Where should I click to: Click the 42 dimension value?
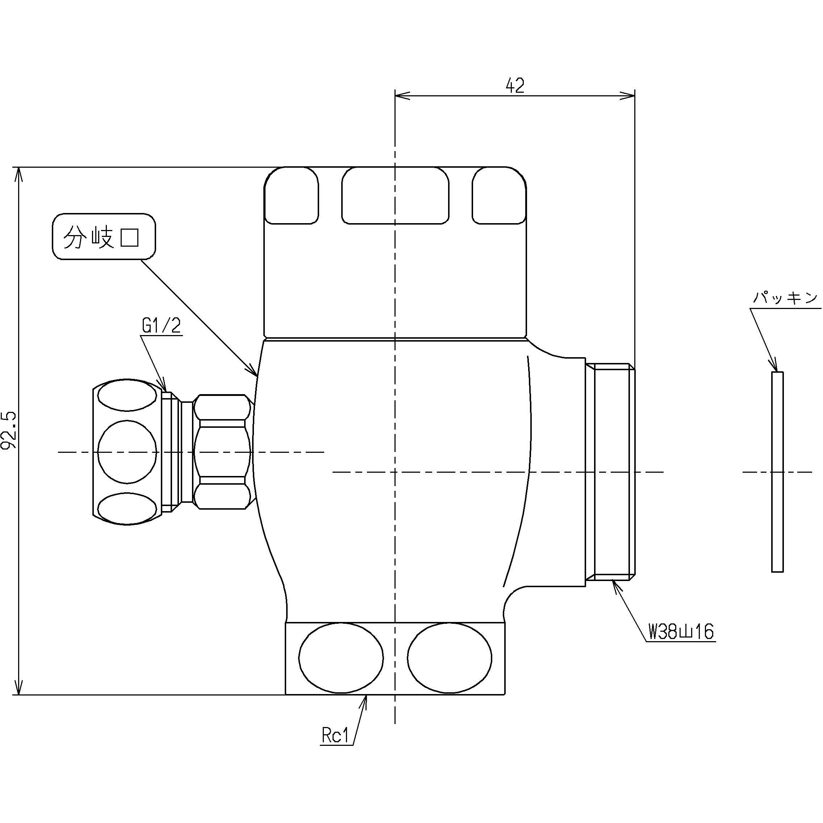(x=515, y=86)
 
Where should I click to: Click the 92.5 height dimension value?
(x=9, y=430)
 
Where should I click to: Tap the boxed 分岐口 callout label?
(x=104, y=237)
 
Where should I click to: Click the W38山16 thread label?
(x=681, y=632)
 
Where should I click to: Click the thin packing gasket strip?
(x=777, y=472)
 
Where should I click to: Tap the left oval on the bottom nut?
(x=341, y=658)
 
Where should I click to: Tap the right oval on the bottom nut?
(x=450, y=658)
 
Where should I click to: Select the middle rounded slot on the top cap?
(x=395, y=196)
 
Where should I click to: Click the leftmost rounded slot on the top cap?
(x=291, y=196)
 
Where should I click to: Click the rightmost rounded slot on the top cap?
(x=499, y=196)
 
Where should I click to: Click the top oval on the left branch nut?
(x=127, y=396)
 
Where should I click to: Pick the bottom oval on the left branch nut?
(x=127, y=508)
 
